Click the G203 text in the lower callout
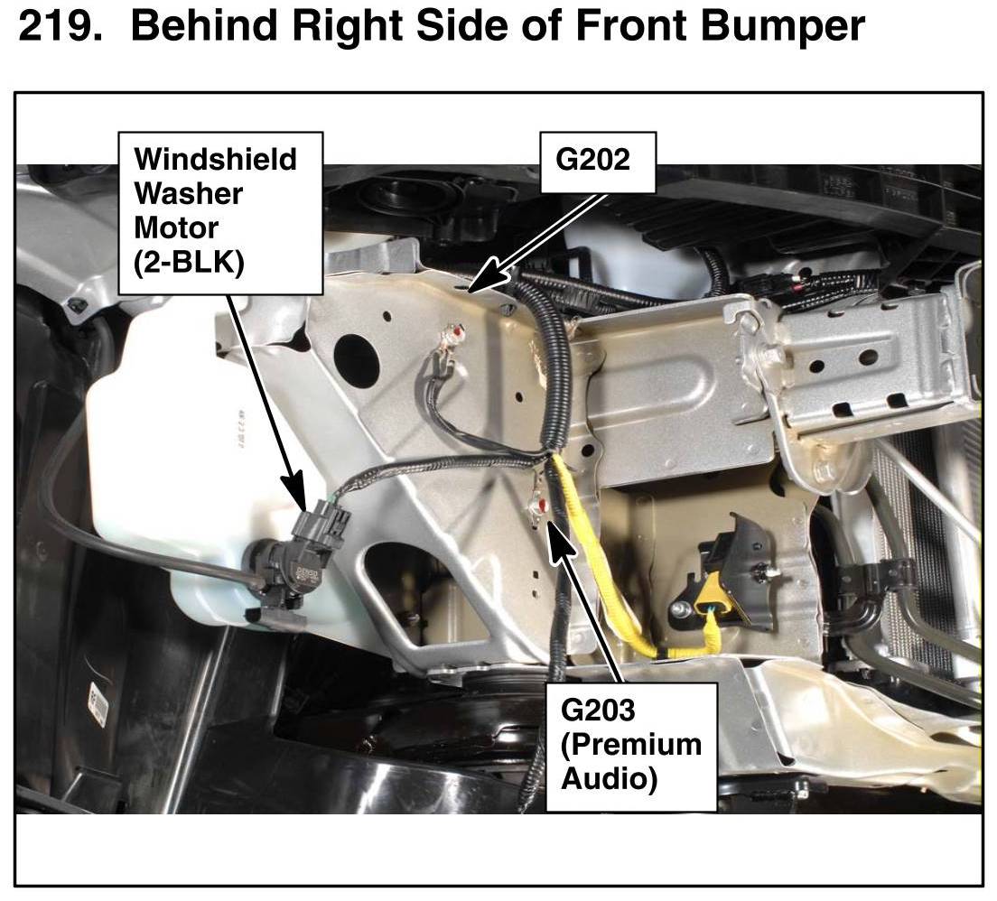pos(598,710)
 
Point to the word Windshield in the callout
pos(216,159)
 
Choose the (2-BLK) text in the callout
pos(189,262)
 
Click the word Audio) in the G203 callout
pos(609,778)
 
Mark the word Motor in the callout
pos(176,228)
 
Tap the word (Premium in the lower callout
pos(630,745)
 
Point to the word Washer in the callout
pos(188,193)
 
